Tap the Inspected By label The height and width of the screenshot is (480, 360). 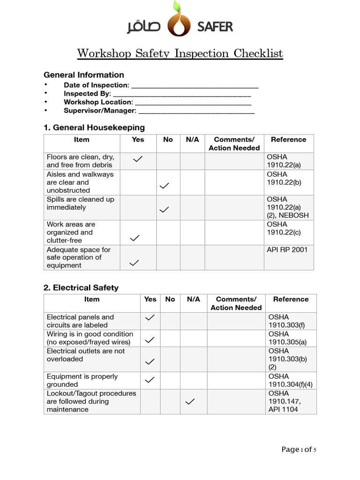pyautogui.click(x=87, y=94)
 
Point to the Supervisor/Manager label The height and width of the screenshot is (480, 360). pyautogui.click(x=100, y=111)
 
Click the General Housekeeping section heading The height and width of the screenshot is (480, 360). pyautogui.click(x=94, y=127)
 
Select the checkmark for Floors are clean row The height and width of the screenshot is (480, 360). pyautogui.click(x=138, y=160)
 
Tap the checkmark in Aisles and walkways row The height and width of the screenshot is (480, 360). pyautogui.click(x=165, y=186)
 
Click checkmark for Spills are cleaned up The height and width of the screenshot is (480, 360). pyautogui.click(x=165, y=210)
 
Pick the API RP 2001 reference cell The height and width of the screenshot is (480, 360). pyautogui.click(x=287, y=250)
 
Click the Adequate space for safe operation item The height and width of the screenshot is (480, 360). pyautogui.click(x=79, y=257)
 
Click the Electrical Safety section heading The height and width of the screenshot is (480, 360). pyautogui.click(x=81, y=288)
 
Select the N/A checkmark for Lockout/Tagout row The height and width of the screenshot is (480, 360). pyautogui.click(x=190, y=401)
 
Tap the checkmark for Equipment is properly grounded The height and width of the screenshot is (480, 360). pyautogui.click(x=150, y=380)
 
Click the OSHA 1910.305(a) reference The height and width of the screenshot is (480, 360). pyautogui.click(x=287, y=338)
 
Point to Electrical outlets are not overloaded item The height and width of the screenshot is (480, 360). pyautogui.click(x=86, y=355)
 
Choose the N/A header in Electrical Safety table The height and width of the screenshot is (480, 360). pyautogui.click(x=193, y=299)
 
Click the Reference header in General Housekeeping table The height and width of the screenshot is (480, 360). pyautogui.click(x=288, y=140)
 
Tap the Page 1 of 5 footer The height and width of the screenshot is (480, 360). pyautogui.click(x=299, y=450)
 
